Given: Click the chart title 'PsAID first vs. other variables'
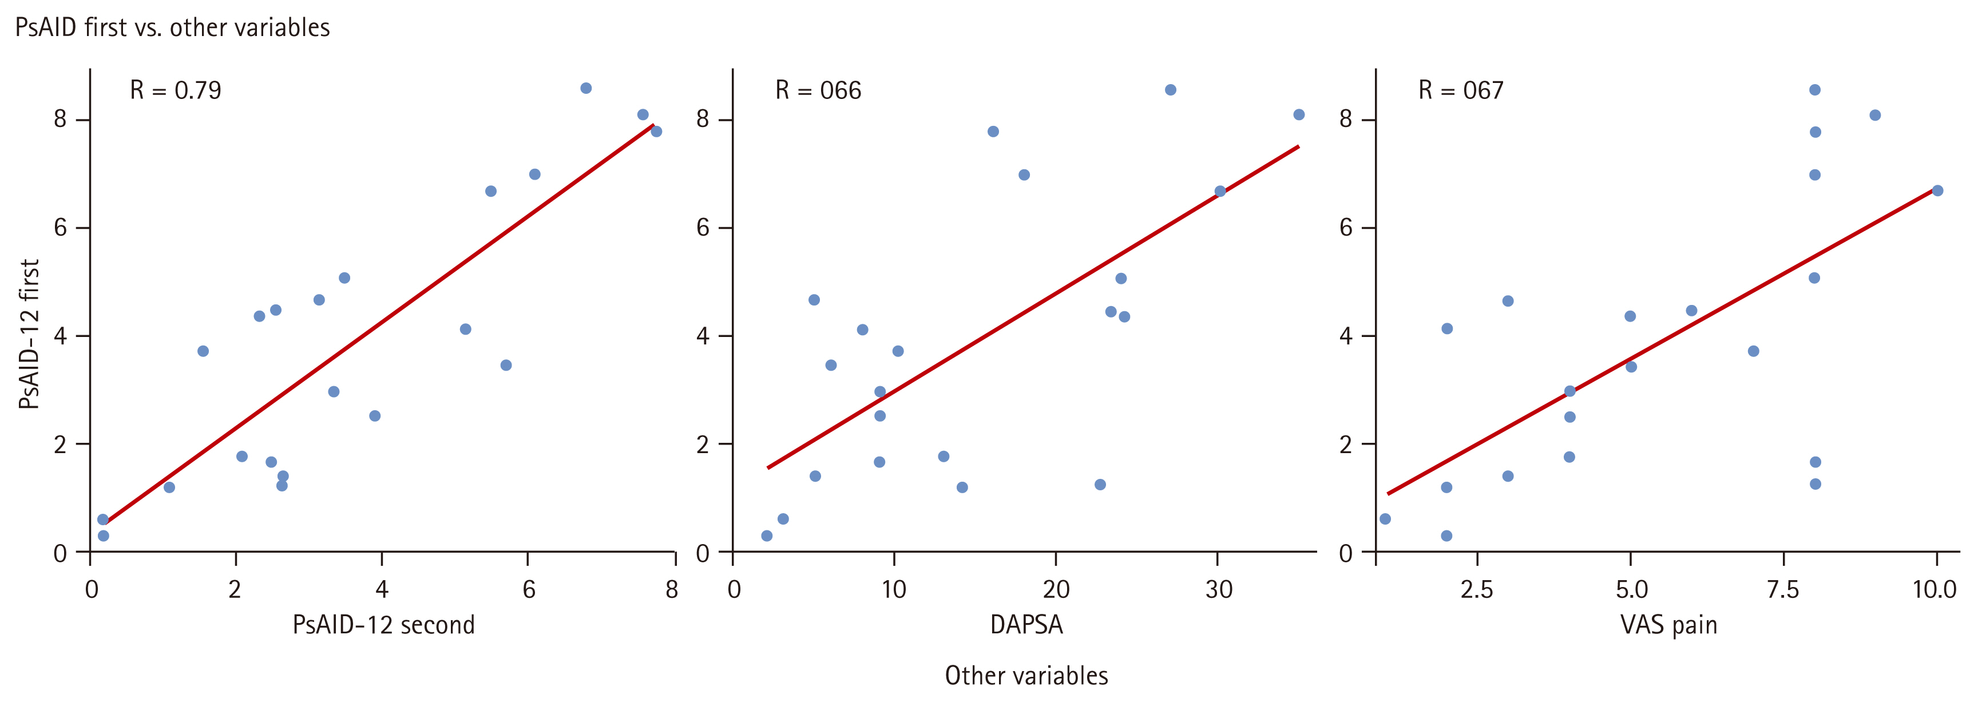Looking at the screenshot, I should click(x=173, y=27).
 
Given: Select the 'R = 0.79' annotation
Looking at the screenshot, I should click(x=175, y=90).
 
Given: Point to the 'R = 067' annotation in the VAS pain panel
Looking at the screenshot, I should click(x=1460, y=90).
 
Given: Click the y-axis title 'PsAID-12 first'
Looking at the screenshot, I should click(x=29, y=334).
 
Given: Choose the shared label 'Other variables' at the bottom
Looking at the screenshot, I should click(x=1026, y=676).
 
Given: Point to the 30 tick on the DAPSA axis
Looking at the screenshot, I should click(x=1219, y=590).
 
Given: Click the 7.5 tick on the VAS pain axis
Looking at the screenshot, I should click(x=1783, y=590).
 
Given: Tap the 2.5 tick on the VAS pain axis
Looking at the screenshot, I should click(x=1477, y=590).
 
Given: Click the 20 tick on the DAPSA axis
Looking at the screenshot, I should click(x=1056, y=590).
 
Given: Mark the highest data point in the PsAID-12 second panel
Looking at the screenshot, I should click(x=586, y=88).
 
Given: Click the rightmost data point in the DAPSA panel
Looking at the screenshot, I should click(x=1298, y=114).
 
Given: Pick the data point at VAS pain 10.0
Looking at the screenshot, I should click(x=1937, y=191).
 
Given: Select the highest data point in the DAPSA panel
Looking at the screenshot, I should click(x=1170, y=90).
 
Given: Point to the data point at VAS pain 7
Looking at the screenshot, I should click(x=1753, y=351).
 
